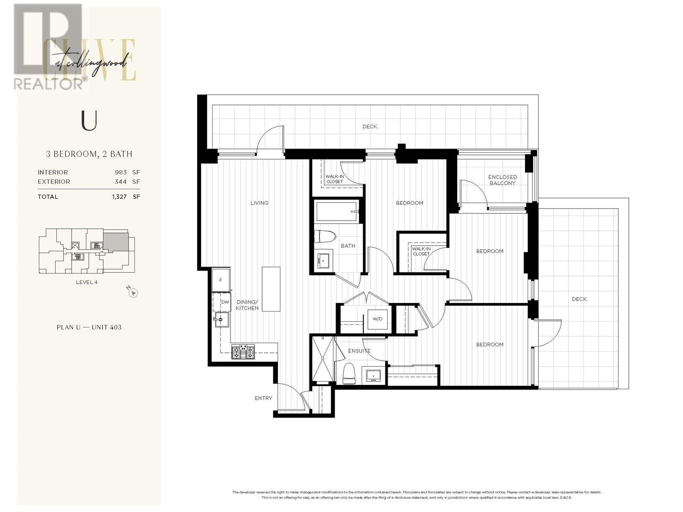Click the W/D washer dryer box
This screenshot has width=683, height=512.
378,319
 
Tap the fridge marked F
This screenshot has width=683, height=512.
221,280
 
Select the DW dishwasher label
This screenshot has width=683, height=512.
225,302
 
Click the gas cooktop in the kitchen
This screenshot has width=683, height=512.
242,352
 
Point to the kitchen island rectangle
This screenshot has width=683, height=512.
271,289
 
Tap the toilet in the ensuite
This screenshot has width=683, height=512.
349,373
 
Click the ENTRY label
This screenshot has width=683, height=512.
263,398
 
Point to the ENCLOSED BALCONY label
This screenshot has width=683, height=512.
502,180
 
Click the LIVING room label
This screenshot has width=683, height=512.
259,203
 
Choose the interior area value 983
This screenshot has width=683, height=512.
121,172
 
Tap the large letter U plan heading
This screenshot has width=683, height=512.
89,121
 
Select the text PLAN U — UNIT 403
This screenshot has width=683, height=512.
89,327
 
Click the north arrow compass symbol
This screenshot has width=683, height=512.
133,293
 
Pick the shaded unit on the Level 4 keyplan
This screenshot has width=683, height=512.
116,241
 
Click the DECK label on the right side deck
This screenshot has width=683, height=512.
579,299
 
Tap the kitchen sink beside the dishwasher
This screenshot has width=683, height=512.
222,319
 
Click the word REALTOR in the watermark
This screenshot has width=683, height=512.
48,83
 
